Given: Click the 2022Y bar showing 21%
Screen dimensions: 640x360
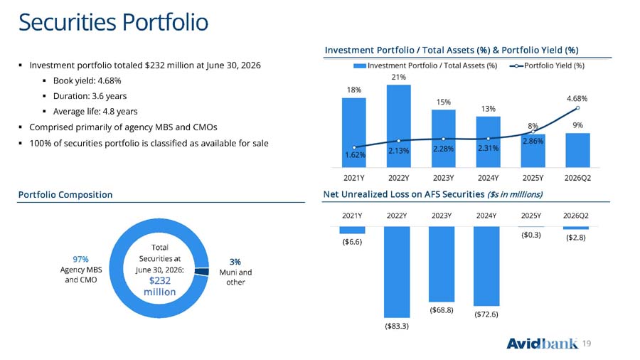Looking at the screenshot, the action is click(x=398, y=126).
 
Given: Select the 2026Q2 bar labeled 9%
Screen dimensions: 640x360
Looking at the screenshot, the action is click(x=577, y=150).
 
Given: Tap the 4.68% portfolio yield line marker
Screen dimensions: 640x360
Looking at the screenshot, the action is click(x=577, y=108).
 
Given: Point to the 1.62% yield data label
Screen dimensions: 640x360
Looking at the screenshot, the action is click(x=355, y=154).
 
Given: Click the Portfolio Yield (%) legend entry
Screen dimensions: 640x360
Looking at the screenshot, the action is click(x=548, y=65).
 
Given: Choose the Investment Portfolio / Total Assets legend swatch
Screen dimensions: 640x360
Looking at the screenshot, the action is click(x=360, y=65).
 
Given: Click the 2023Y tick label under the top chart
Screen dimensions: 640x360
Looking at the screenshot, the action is click(x=443, y=178).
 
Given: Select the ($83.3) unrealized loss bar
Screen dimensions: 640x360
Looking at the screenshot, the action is click(x=397, y=272).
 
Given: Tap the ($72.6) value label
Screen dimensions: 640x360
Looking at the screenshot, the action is click(x=486, y=314).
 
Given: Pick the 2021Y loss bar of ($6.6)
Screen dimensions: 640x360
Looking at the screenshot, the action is click(x=352, y=231).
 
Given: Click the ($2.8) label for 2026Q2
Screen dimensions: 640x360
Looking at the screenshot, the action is click(x=575, y=238).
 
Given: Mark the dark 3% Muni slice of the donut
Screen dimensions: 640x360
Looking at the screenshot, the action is click(x=201, y=272).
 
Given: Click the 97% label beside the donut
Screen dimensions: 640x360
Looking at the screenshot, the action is click(x=80, y=259).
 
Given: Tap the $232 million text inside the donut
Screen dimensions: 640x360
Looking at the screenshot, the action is click(x=159, y=286).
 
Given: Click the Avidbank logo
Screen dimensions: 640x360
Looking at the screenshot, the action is click(x=542, y=344).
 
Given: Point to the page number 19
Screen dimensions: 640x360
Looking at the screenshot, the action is click(x=587, y=344).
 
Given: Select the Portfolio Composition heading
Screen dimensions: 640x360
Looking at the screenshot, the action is click(x=65, y=195).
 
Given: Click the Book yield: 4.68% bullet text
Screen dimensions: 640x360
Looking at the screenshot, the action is click(x=87, y=81).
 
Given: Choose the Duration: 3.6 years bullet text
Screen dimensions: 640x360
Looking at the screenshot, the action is click(x=90, y=96).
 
